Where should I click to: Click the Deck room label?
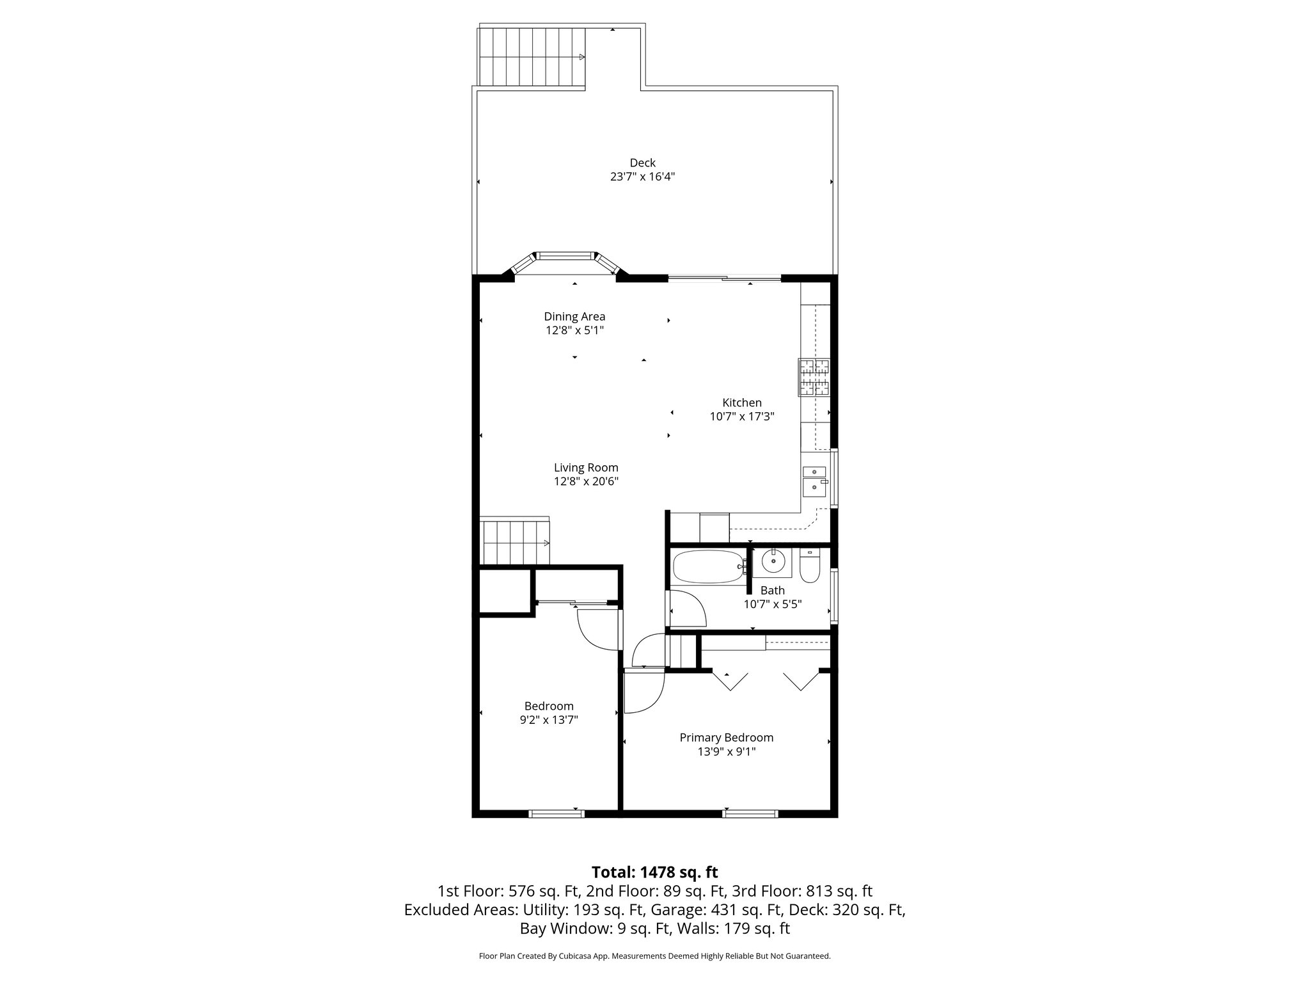pyautogui.click(x=642, y=163)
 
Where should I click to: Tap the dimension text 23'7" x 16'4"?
pyautogui.click(x=642, y=177)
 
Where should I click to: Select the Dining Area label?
pyautogui.click(x=574, y=316)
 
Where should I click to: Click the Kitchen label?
pyautogui.click(x=742, y=403)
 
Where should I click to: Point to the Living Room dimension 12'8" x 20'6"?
pyautogui.click(x=586, y=481)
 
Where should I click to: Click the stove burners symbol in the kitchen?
pyautogui.click(x=814, y=377)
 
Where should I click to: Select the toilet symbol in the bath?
pyautogui.click(x=809, y=566)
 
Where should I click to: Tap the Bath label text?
pyautogui.click(x=773, y=590)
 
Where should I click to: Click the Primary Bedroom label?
pyautogui.click(x=726, y=737)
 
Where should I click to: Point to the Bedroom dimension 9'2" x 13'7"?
pyautogui.click(x=549, y=719)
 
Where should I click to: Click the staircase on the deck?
pyautogui.click(x=532, y=57)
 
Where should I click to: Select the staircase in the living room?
pyautogui.click(x=515, y=542)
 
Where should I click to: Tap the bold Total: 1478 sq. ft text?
pyautogui.click(x=654, y=872)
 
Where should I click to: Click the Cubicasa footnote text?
pyautogui.click(x=654, y=956)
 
